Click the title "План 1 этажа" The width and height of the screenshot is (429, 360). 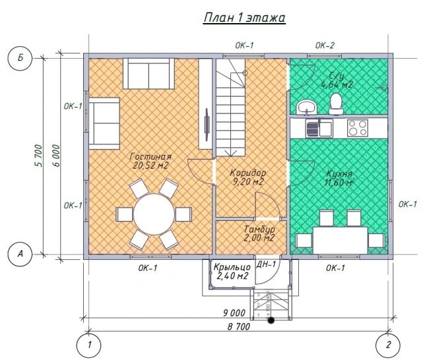[244, 18]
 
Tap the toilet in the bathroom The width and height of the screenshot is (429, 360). [336, 104]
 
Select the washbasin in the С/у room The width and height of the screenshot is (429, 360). [307, 107]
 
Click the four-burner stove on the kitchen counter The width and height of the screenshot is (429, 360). [357, 128]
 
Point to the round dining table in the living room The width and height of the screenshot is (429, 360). [154, 214]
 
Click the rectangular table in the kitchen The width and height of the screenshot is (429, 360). [340, 240]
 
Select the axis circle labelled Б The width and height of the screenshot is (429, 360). [20, 59]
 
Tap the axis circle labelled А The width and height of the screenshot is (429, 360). [20, 255]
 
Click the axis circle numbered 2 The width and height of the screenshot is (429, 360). [388, 345]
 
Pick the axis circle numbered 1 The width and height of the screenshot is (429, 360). [89, 345]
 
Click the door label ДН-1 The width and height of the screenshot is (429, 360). [266, 264]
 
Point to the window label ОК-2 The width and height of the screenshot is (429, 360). [325, 45]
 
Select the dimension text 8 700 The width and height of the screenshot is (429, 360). [239, 326]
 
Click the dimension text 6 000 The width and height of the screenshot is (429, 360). [55, 155]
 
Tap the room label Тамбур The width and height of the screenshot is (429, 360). [259, 229]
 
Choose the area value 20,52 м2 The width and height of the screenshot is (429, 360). [150, 165]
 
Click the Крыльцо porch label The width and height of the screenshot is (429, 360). [232, 266]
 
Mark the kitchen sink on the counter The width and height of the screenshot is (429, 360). [319, 128]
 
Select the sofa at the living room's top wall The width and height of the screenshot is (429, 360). [148, 73]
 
